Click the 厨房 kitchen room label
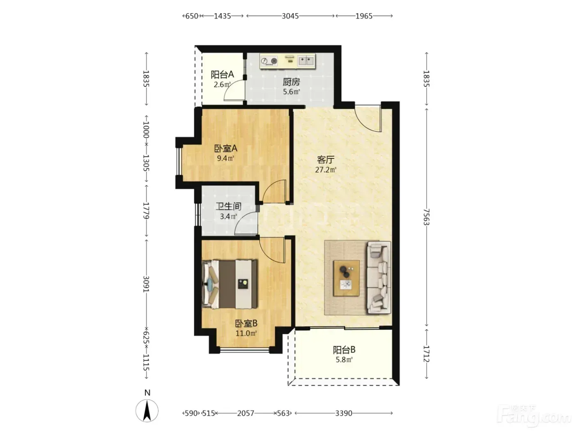click(291, 82)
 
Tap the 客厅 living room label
click(326, 160)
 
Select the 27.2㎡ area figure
click(326, 170)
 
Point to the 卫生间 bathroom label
click(228, 206)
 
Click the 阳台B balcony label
click(344, 350)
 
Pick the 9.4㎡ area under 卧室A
click(225, 158)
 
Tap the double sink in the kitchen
click(306, 61)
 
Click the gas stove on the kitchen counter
click(269, 61)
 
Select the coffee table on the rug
click(346, 278)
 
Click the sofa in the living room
click(379, 277)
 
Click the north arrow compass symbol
click(147, 410)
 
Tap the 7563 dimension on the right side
click(426, 217)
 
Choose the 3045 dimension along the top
click(290, 16)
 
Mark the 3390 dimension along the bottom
click(344, 413)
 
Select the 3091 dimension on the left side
click(146, 284)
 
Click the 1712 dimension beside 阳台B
click(426, 354)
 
